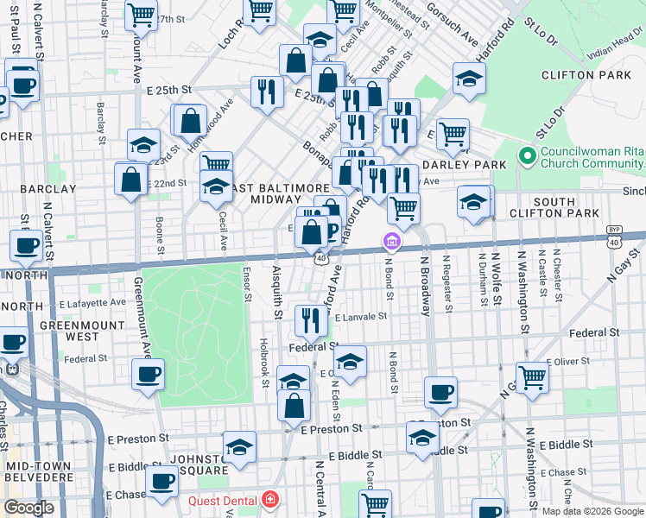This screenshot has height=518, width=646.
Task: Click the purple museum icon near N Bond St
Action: pyautogui.click(x=392, y=240)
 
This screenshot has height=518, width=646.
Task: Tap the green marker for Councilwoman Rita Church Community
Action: pyautogui.click(x=528, y=157)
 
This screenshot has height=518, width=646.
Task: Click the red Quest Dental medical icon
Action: pyautogui.click(x=270, y=500)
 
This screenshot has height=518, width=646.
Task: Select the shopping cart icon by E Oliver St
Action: pyautogui.click(x=532, y=376)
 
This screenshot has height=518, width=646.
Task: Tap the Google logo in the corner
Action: pyautogui.click(x=28, y=508)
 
